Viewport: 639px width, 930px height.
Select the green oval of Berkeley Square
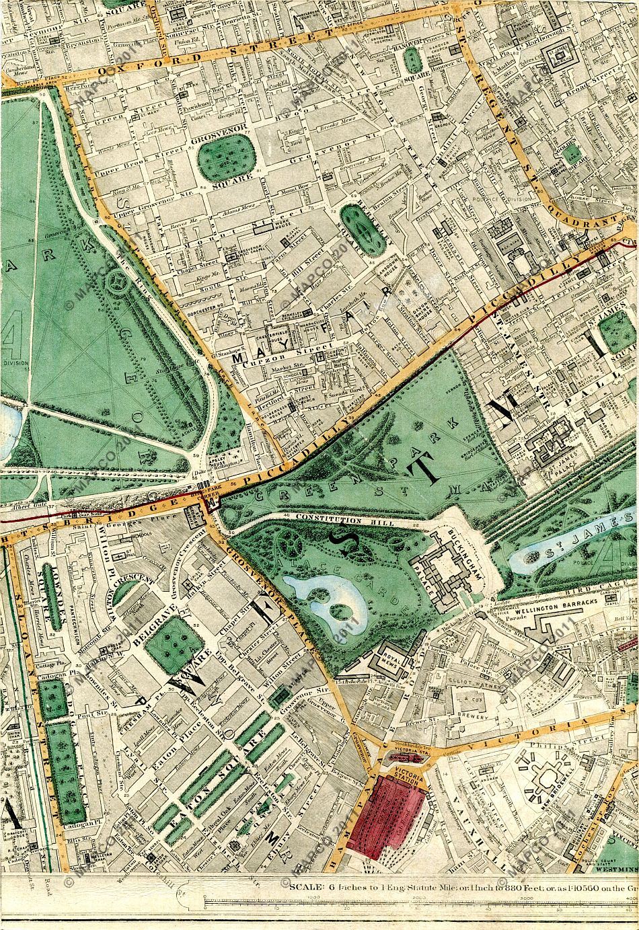pyautogui.click(x=359, y=226)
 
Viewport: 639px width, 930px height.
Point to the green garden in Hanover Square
pyautogui.click(x=413, y=63)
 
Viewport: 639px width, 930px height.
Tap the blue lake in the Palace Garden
pyautogui.click(x=324, y=594)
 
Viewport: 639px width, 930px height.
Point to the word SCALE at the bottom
pyautogui.click(x=307, y=886)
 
